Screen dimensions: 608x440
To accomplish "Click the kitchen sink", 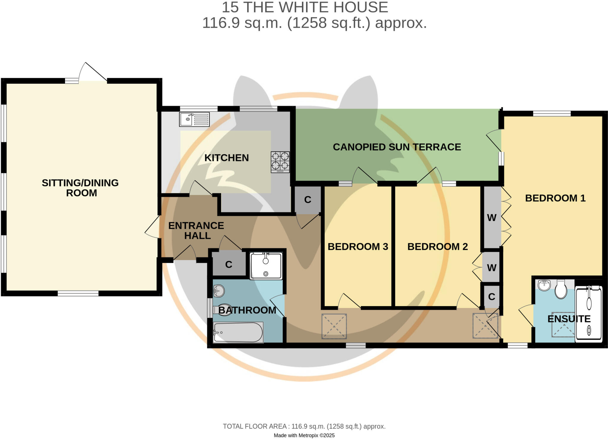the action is click(194, 119).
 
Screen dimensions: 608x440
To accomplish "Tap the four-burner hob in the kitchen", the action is click(280, 162).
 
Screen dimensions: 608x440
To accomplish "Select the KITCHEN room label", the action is click(227, 158).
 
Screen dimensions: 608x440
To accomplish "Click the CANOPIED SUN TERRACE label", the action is click(397, 147).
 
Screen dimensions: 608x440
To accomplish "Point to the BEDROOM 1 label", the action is click(555, 198).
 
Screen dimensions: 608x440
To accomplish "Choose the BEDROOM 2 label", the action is click(437, 247).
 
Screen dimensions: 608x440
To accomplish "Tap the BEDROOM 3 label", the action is click(358, 247).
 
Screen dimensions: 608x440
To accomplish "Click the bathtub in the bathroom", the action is click(238, 332).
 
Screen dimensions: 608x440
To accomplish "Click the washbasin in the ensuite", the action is click(544, 285).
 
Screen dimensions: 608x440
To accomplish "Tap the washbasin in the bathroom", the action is click(219, 291).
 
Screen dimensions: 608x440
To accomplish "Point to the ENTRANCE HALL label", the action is click(196, 231).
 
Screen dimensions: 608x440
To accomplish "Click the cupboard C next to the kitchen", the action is click(308, 200).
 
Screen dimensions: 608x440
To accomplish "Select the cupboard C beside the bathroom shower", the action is click(229, 264).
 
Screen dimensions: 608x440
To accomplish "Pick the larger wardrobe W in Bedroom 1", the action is click(492, 218).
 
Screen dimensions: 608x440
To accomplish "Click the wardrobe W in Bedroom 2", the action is click(492, 268).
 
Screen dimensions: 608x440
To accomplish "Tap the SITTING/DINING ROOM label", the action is click(80, 188).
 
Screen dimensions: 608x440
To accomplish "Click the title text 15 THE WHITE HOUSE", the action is click(305, 7).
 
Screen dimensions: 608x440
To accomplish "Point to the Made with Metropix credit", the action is click(304, 435).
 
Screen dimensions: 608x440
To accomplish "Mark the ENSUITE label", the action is click(569, 319).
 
